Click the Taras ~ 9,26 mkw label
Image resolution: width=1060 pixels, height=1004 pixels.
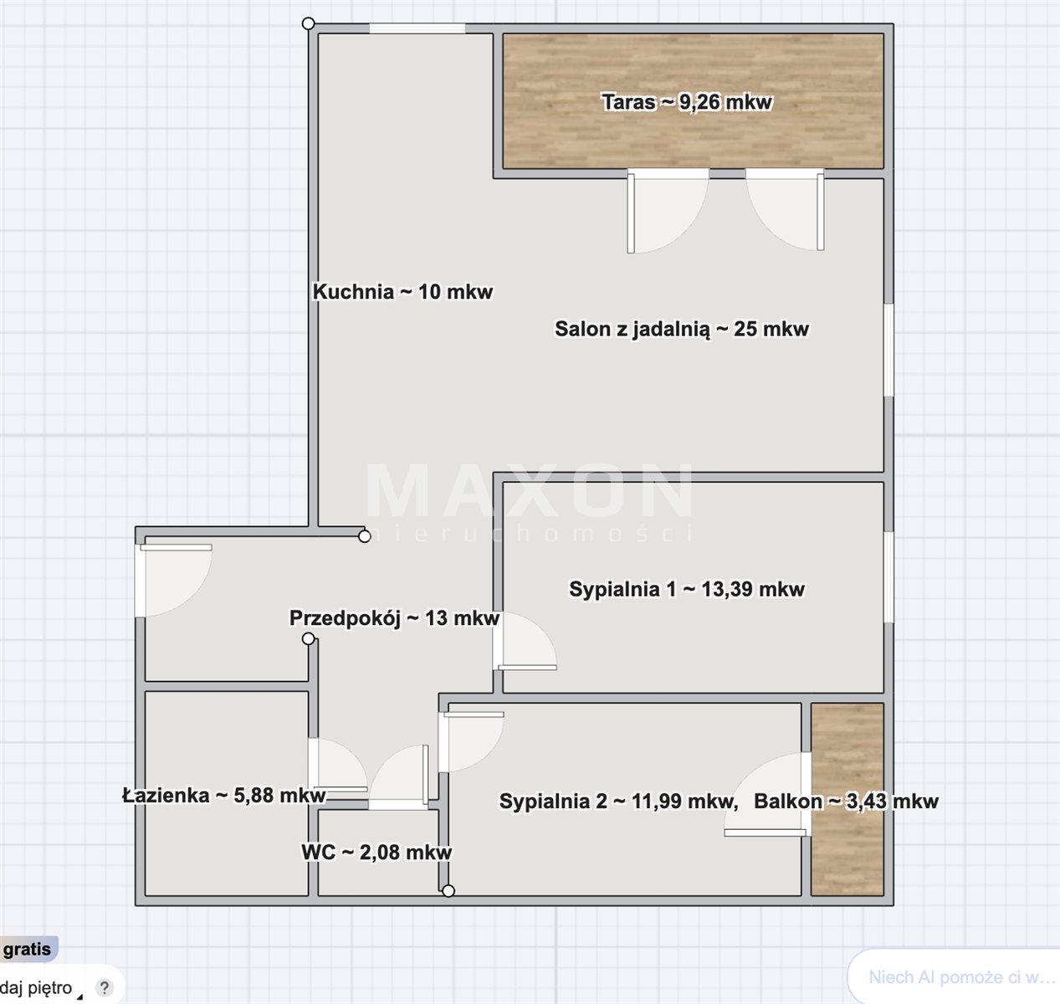(x=687, y=102)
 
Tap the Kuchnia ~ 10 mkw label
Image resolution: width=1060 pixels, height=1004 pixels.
(x=402, y=292)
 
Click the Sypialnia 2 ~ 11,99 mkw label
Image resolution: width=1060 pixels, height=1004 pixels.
(x=618, y=802)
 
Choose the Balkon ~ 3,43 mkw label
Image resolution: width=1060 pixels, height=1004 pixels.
(x=846, y=802)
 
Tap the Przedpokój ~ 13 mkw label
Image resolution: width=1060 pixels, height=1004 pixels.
(x=394, y=618)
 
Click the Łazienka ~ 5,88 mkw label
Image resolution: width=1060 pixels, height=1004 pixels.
(x=223, y=796)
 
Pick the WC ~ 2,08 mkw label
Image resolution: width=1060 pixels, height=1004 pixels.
(x=376, y=852)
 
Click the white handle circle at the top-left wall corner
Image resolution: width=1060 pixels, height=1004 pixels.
(x=308, y=23)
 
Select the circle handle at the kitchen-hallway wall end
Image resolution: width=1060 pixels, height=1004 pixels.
(x=365, y=536)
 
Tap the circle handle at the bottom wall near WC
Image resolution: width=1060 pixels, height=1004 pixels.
(x=448, y=891)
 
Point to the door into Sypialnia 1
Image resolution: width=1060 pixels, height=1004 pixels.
(x=524, y=642)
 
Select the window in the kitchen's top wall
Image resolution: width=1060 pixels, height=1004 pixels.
(x=417, y=28)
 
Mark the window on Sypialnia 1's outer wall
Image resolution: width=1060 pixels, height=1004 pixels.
(x=888, y=577)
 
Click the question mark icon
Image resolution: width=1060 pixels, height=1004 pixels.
(x=104, y=987)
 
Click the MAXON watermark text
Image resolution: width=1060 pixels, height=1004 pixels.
(x=530, y=490)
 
